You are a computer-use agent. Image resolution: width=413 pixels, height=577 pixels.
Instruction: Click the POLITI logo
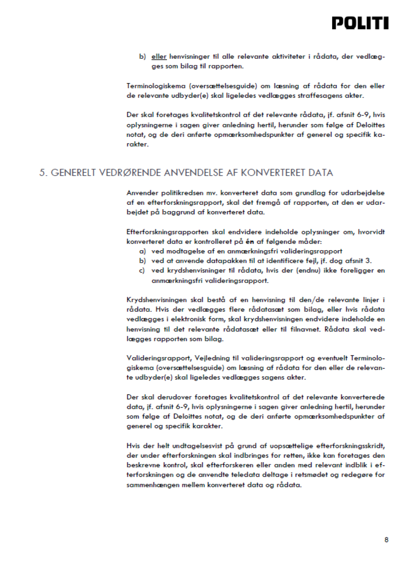[x=360, y=23]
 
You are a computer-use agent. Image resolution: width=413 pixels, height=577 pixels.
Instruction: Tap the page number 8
[x=386, y=540]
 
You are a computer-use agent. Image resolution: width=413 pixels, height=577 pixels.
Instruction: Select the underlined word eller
[x=159, y=57]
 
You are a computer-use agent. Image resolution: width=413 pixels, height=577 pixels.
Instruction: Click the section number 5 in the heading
[x=43, y=173]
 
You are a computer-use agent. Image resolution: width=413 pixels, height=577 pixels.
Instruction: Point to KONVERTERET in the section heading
[x=271, y=173]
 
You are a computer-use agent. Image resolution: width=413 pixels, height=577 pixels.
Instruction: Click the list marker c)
[x=142, y=271]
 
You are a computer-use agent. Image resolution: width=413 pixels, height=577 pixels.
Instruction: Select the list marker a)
[x=142, y=251]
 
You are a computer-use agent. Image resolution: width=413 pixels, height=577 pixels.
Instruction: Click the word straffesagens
[x=320, y=96]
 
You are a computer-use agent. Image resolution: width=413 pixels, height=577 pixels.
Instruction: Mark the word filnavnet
[x=306, y=329]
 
